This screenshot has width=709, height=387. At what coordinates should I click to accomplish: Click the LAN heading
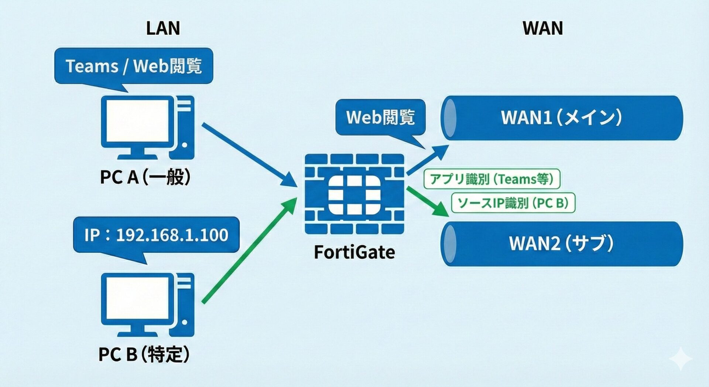(163, 28)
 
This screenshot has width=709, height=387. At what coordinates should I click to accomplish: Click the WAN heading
(542, 28)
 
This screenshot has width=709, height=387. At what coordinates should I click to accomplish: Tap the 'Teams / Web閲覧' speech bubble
(134, 66)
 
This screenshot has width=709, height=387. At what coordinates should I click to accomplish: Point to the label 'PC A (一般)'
(145, 177)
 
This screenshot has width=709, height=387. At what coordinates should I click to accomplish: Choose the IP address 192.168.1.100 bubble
(156, 235)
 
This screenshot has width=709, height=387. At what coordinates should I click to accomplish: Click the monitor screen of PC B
(137, 298)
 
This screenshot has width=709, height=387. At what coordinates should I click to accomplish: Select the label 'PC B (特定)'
(144, 354)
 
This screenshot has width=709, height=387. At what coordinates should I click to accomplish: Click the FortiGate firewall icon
(354, 194)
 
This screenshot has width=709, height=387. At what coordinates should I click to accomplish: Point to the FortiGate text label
(354, 252)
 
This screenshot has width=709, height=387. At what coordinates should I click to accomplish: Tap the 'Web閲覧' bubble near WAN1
(380, 117)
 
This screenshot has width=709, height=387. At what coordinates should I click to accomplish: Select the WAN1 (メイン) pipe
(561, 118)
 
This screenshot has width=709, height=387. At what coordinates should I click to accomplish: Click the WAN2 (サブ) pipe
(561, 244)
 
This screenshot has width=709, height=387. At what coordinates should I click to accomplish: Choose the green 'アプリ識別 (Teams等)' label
(491, 179)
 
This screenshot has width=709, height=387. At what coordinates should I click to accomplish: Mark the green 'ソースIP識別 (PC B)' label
(513, 203)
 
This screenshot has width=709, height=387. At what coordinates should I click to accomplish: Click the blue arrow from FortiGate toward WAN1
(427, 160)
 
